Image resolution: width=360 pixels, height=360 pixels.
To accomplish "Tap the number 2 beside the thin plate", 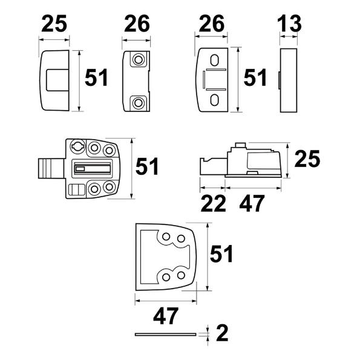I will (222, 333).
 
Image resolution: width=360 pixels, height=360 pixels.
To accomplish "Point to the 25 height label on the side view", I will (306, 160).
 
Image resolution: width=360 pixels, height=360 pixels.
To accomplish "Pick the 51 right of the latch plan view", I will (147, 166).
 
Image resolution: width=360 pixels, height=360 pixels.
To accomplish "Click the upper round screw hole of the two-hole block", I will (139, 60).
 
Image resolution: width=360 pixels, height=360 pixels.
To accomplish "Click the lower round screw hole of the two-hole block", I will (139, 102).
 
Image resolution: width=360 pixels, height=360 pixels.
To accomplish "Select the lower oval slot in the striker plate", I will (215, 99).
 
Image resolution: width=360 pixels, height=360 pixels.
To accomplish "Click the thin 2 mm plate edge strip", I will (166, 333).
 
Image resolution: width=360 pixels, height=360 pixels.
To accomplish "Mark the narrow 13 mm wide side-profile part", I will (290, 81).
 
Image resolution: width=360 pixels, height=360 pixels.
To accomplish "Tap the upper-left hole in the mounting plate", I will (166, 237).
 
